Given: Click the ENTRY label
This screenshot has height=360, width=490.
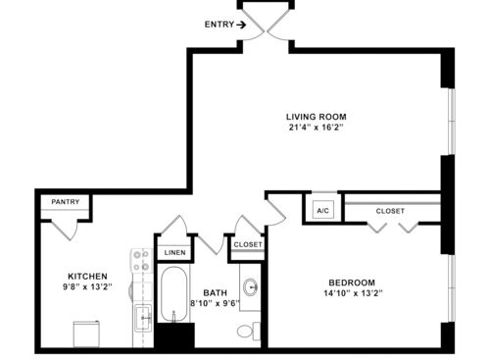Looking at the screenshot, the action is [220, 25].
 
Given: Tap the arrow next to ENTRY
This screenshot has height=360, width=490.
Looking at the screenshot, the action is [241, 25].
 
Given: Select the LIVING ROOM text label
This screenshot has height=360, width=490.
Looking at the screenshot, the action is [317, 117].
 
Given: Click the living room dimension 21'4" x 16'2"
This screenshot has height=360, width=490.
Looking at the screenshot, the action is [317, 128].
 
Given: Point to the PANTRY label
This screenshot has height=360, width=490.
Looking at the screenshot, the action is [66, 202].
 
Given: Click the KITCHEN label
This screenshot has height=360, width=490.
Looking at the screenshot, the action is [87, 277].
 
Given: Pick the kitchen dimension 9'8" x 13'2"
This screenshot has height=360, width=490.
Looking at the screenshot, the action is [87, 286].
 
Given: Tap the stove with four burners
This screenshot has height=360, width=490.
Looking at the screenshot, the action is [142, 261].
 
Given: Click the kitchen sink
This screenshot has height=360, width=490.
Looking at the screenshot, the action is [143, 318].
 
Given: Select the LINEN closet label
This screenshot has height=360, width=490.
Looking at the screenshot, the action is [174, 253].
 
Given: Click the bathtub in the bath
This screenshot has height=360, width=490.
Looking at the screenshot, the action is [173, 293].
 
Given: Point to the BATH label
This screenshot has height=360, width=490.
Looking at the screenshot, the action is [215, 292].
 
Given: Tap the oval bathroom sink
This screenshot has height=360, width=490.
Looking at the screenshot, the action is [251, 287].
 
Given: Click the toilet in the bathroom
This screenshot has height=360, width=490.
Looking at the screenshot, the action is [249, 332].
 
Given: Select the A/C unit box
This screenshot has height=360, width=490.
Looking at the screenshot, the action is [323, 210].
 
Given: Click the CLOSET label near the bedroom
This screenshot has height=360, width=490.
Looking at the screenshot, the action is [390, 211].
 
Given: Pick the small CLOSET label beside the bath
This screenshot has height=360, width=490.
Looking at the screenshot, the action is [248, 244].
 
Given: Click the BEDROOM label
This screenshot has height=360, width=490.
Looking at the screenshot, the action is [352, 283].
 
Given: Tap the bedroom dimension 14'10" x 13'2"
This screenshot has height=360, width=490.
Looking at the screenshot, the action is [353, 293].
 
